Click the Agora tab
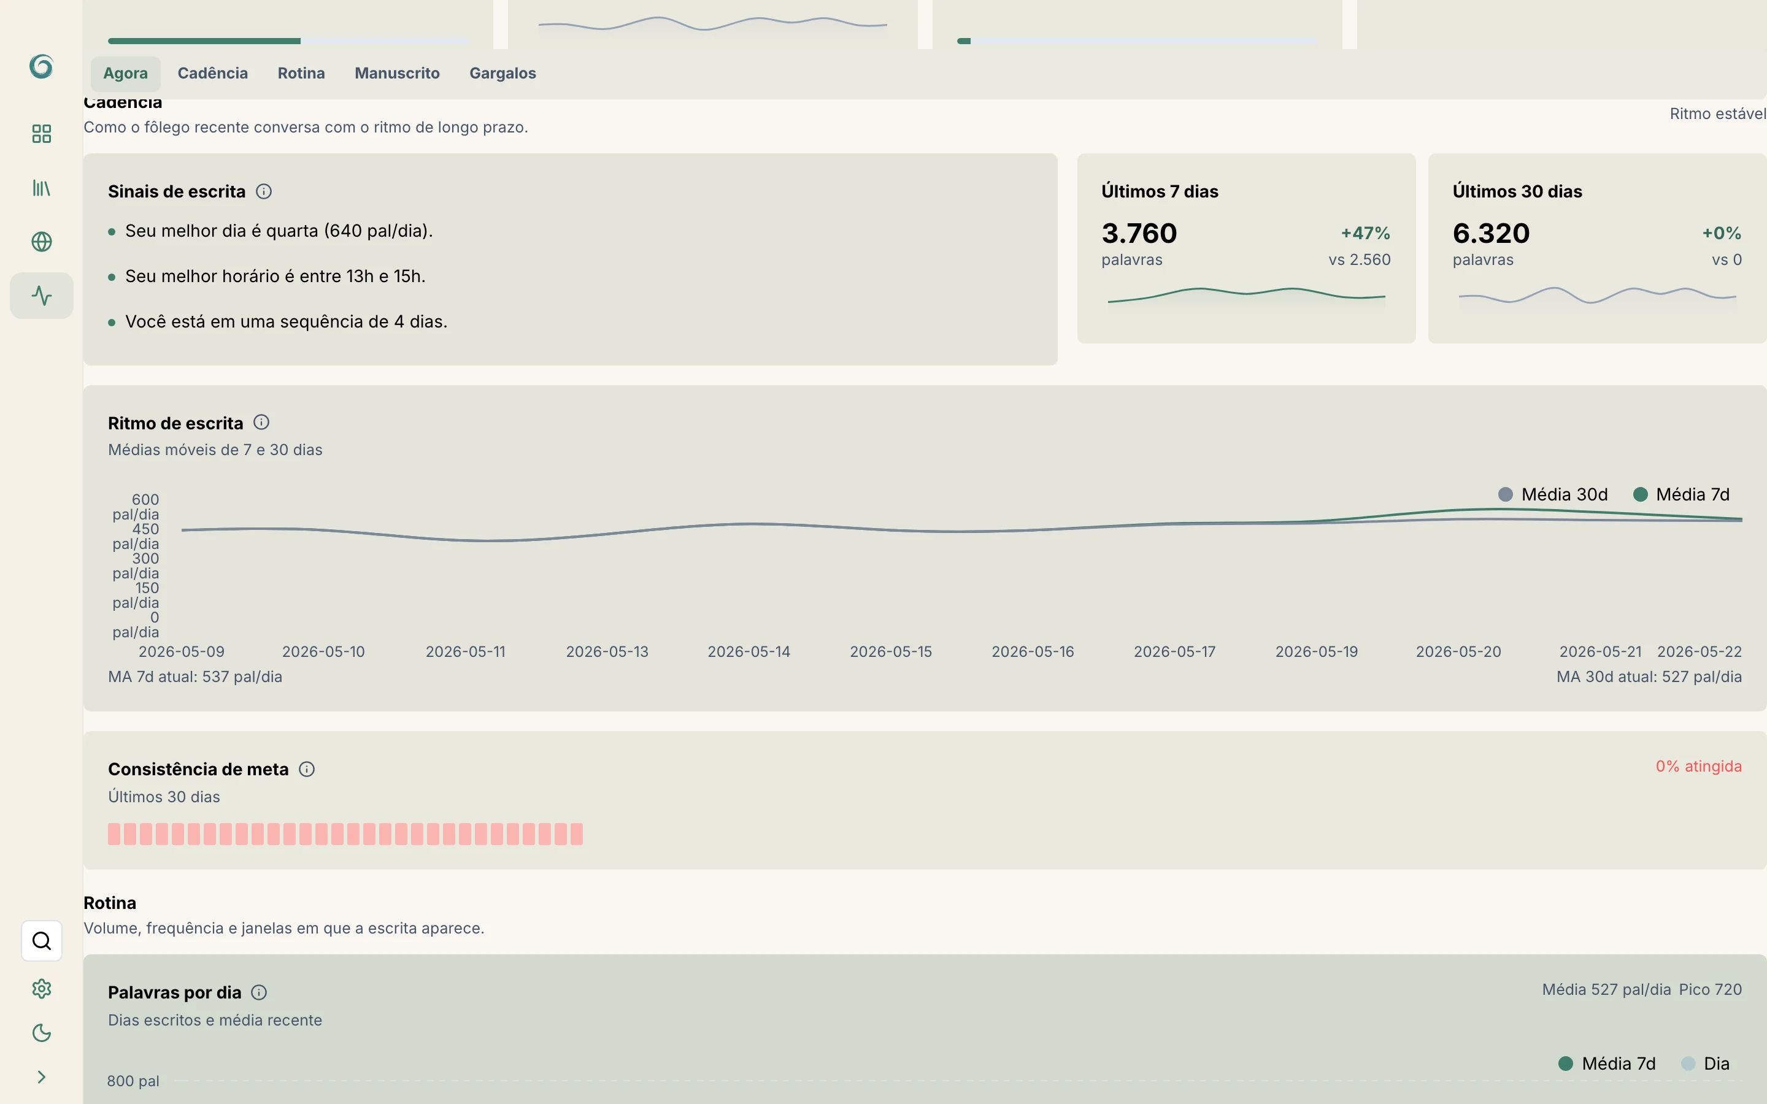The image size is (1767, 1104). (x=126, y=73)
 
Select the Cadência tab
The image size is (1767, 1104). (x=212, y=73)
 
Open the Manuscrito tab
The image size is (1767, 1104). (x=397, y=73)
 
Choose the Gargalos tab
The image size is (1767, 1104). (x=502, y=73)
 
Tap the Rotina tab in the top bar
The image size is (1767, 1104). (x=301, y=73)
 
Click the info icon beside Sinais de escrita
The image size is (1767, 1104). (x=264, y=191)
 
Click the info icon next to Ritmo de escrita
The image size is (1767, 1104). (x=261, y=422)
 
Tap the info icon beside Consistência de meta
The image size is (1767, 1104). (x=307, y=769)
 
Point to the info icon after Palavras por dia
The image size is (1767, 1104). (x=259, y=992)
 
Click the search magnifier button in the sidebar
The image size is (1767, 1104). (x=42, y=940)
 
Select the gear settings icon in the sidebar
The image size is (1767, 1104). (x=42, y=989)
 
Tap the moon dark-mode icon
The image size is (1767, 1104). (x=42, y=1032)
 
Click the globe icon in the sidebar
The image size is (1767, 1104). (x=42, y=242)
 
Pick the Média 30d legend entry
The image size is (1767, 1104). (x=1552, y=494)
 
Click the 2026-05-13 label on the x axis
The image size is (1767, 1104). (x=607, y=651)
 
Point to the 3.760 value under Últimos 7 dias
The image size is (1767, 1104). (x=1139, y=233)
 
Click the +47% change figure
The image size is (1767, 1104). (x=1365, y=233)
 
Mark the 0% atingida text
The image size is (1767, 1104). (x=1698, y=766)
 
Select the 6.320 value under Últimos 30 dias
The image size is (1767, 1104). (x=1491, y=233)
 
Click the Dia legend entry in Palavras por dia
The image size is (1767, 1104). (x=1705, y=1063)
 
